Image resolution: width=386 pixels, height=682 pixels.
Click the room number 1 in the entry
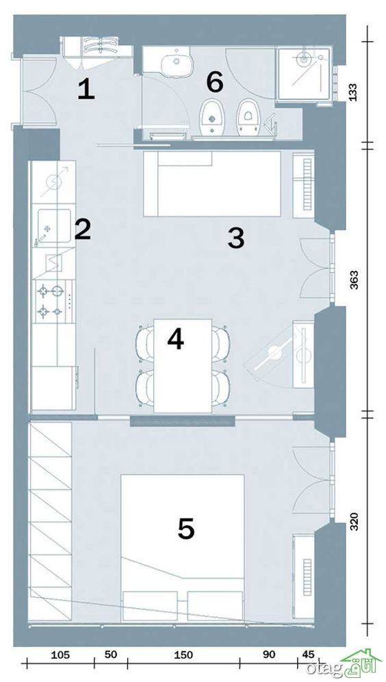pos(86,90)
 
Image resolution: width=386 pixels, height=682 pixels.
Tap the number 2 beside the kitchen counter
pos(83,229)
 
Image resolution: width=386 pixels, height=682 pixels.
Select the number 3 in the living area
pos(236,238)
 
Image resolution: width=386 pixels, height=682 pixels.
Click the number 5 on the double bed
pos(186,529)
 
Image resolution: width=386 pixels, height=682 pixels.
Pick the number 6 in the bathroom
pos(215,82)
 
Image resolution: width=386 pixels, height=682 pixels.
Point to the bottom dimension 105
pos(60,655)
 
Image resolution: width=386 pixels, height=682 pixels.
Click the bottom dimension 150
pos(183,655)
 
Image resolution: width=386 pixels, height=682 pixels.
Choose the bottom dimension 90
pos(269,655)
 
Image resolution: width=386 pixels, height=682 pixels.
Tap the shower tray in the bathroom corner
pos(304,75)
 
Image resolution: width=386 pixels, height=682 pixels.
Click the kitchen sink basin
pos(54,226)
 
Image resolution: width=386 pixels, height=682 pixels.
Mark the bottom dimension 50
pos(111,655)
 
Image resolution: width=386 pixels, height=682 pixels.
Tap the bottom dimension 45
pos(308,655)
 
